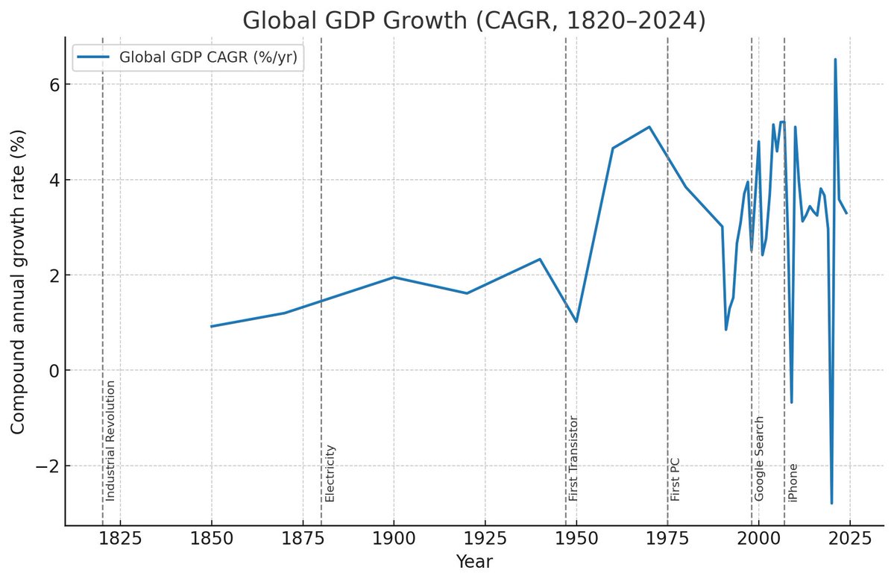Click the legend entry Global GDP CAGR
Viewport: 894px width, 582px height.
[x=213, y=58]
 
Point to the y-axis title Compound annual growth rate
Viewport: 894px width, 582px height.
[x=19, y=281]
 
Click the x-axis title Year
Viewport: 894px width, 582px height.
[x=475, y=561]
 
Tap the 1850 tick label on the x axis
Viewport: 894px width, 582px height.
[x=212, y=539]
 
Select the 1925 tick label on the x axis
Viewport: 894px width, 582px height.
[x=485, y=539]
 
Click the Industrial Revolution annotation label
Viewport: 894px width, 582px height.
[x=110, y=440]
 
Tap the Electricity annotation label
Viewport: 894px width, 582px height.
[x=330, y=472]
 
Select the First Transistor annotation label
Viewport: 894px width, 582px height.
[x=573, y=457]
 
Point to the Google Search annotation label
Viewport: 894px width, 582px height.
[x=759, y=457]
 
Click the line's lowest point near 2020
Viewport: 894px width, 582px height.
[x=831, y=503]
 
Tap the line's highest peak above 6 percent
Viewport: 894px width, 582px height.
[x=835, y=60]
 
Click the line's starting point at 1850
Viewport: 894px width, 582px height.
[x=212, y=326]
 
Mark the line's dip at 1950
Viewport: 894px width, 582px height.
[x=576, y=322]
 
